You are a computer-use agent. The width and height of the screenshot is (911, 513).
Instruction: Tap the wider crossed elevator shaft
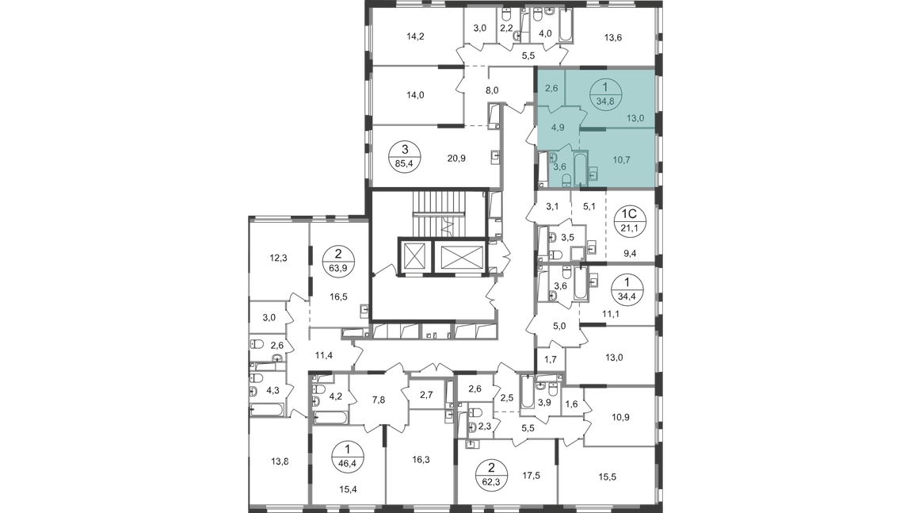[461, 256]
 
